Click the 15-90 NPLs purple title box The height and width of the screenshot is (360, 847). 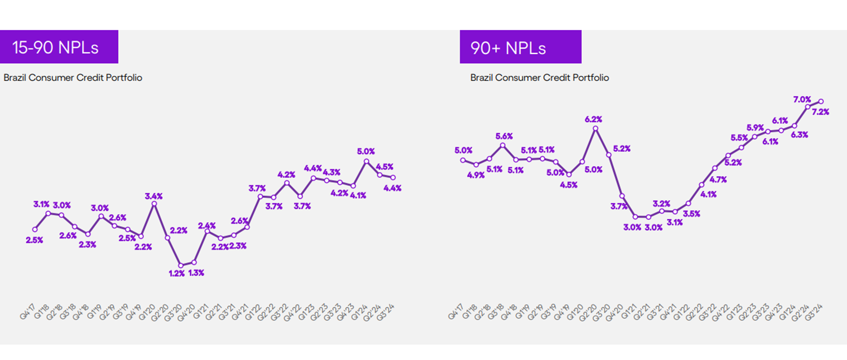[x=59, y=47]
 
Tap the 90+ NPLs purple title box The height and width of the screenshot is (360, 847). [x=520, y=47]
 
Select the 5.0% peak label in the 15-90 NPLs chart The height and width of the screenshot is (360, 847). [x=366, y=151]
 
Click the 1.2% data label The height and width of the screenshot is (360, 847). [x=177, y=274]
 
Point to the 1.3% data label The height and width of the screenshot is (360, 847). [x=196, y=273]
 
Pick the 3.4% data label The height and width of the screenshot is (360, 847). [x=154, y=196]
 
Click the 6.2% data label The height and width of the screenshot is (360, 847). [x=593, y=119]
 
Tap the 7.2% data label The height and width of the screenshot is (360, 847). [x=821, y=112]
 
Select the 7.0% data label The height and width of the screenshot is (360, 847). [x=802, y=99]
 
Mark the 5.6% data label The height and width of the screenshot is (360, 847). [x=504, y=136]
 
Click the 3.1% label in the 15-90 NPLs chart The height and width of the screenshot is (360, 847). [x=41, y=204]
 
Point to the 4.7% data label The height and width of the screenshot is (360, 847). [x=718, y=180]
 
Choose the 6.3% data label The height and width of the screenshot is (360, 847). [x=799, y=135]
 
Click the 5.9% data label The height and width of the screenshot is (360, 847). [x=755, y=127]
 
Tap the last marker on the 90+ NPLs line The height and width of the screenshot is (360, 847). [x=821, y=102]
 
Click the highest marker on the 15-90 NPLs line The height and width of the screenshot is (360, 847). [x=366, y=161]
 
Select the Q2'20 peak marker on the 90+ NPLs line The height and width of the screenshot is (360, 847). [x=596, y=128]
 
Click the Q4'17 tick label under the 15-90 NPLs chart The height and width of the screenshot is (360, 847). [x=28, y=312]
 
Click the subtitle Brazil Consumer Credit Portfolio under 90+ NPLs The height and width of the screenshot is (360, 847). [x=539, y=78]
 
